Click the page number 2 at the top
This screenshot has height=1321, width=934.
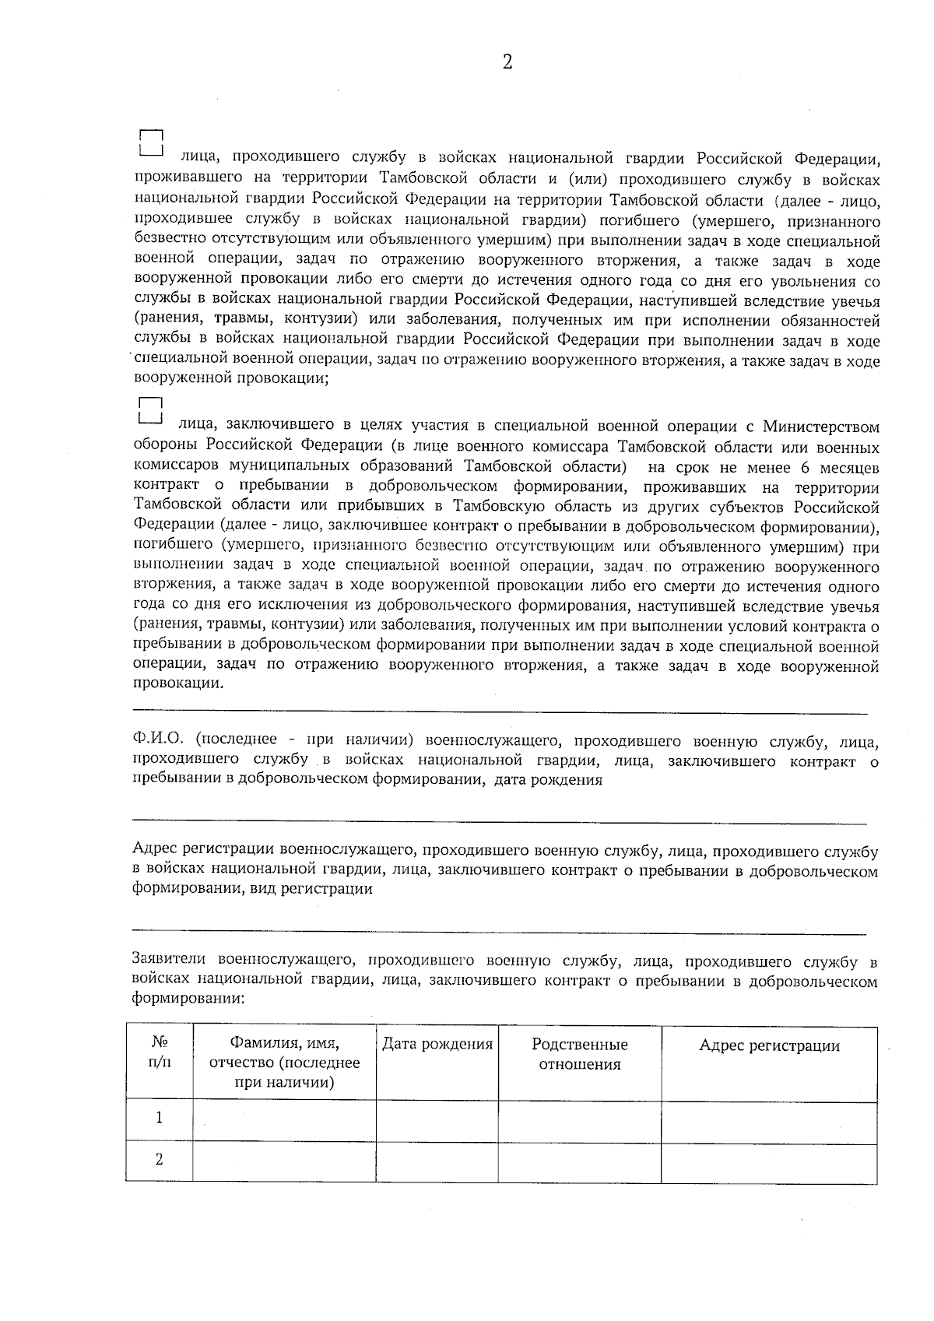[x=507, y=63]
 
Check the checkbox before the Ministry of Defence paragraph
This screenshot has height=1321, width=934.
[x=149, y=410]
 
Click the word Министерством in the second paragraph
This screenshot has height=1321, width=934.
[x=820, y=427]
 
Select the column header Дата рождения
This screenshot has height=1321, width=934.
[x=437, y=1045]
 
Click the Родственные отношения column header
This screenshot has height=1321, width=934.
[x=579, y=1054]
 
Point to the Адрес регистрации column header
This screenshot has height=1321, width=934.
[x=769, y=1045]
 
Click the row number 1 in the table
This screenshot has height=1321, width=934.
[x=160, y=1119]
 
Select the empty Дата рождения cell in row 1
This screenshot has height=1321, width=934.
[x=437, y=1119]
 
